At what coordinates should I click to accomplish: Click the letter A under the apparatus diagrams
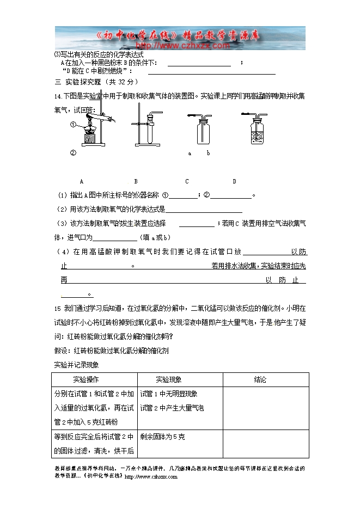point(81,181)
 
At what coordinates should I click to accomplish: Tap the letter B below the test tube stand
point(135,181)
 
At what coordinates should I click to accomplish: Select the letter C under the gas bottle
point(187,181)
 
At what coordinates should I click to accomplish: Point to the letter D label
point(234,181)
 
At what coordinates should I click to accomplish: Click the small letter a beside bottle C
point(190,154)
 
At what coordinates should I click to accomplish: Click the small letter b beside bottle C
point(208,154)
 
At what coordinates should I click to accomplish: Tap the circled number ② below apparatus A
point(72,152)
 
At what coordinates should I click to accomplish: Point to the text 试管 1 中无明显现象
point(169,394)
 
